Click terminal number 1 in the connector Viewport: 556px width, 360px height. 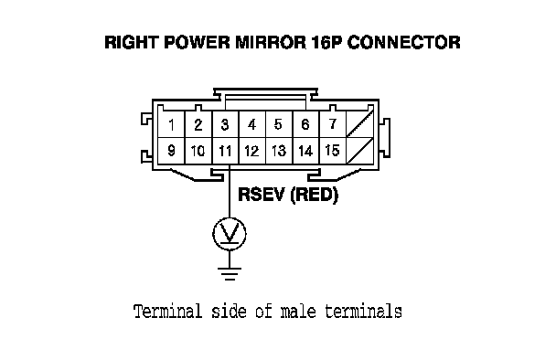pos(171,125)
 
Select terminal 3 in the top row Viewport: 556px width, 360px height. pos(225,125)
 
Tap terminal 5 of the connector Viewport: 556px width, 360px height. pos(279,125)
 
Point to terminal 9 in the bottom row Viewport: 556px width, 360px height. pos(171,151)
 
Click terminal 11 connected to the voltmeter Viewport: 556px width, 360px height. pos(225,151)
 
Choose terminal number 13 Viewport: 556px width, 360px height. pos(279,151)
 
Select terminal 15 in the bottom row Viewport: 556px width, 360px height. pos(333,151)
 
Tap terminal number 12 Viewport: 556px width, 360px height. pos(252,151)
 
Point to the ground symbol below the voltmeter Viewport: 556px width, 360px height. pos(230,274)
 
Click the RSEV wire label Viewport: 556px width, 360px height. pos(262,195)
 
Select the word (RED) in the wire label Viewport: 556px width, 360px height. pos(314,195)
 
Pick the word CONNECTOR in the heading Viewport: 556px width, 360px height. pos(403,42)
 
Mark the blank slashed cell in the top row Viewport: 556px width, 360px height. pos(360,125)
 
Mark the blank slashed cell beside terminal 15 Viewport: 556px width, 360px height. pos(360,151)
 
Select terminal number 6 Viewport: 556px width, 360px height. pos(305,125)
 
